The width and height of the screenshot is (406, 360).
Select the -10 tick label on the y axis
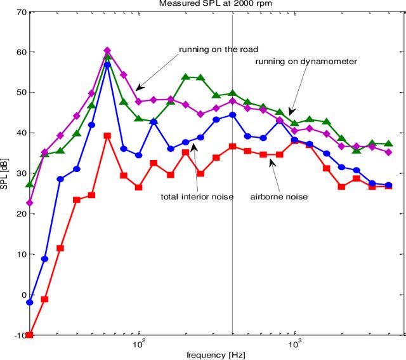pyautogui.click(x=16, y=335)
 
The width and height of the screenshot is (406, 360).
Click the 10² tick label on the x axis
pyautogui.click(x=139, y=343)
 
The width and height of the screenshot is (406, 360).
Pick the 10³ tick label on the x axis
pyautogui.click(x=294, y=343)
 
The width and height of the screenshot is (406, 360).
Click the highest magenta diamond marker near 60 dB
pyautogui.click(x=107, y=51)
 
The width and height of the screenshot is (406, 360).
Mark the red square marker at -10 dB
pyautogui.click(x=29, y=335)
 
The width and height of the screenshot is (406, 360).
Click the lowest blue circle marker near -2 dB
pyautogui.click(x=29, y=302)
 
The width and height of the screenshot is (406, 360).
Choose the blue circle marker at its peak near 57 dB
pyautogui.click(x=107, y=65)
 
